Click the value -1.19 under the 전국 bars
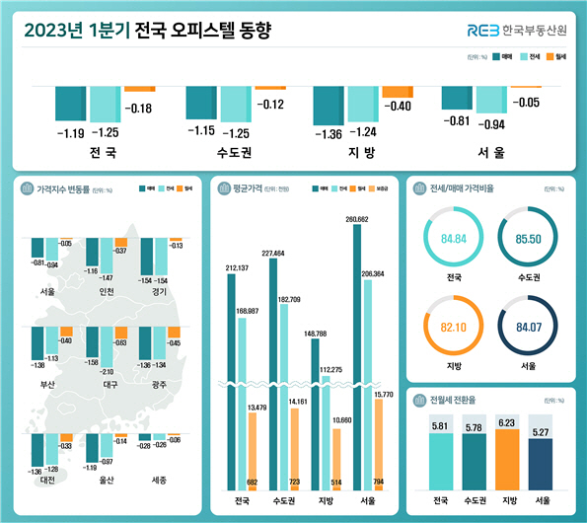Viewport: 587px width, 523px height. coord(69,132)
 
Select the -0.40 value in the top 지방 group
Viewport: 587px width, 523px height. coord(396,107)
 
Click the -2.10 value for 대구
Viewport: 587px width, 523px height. coord(106,371)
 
